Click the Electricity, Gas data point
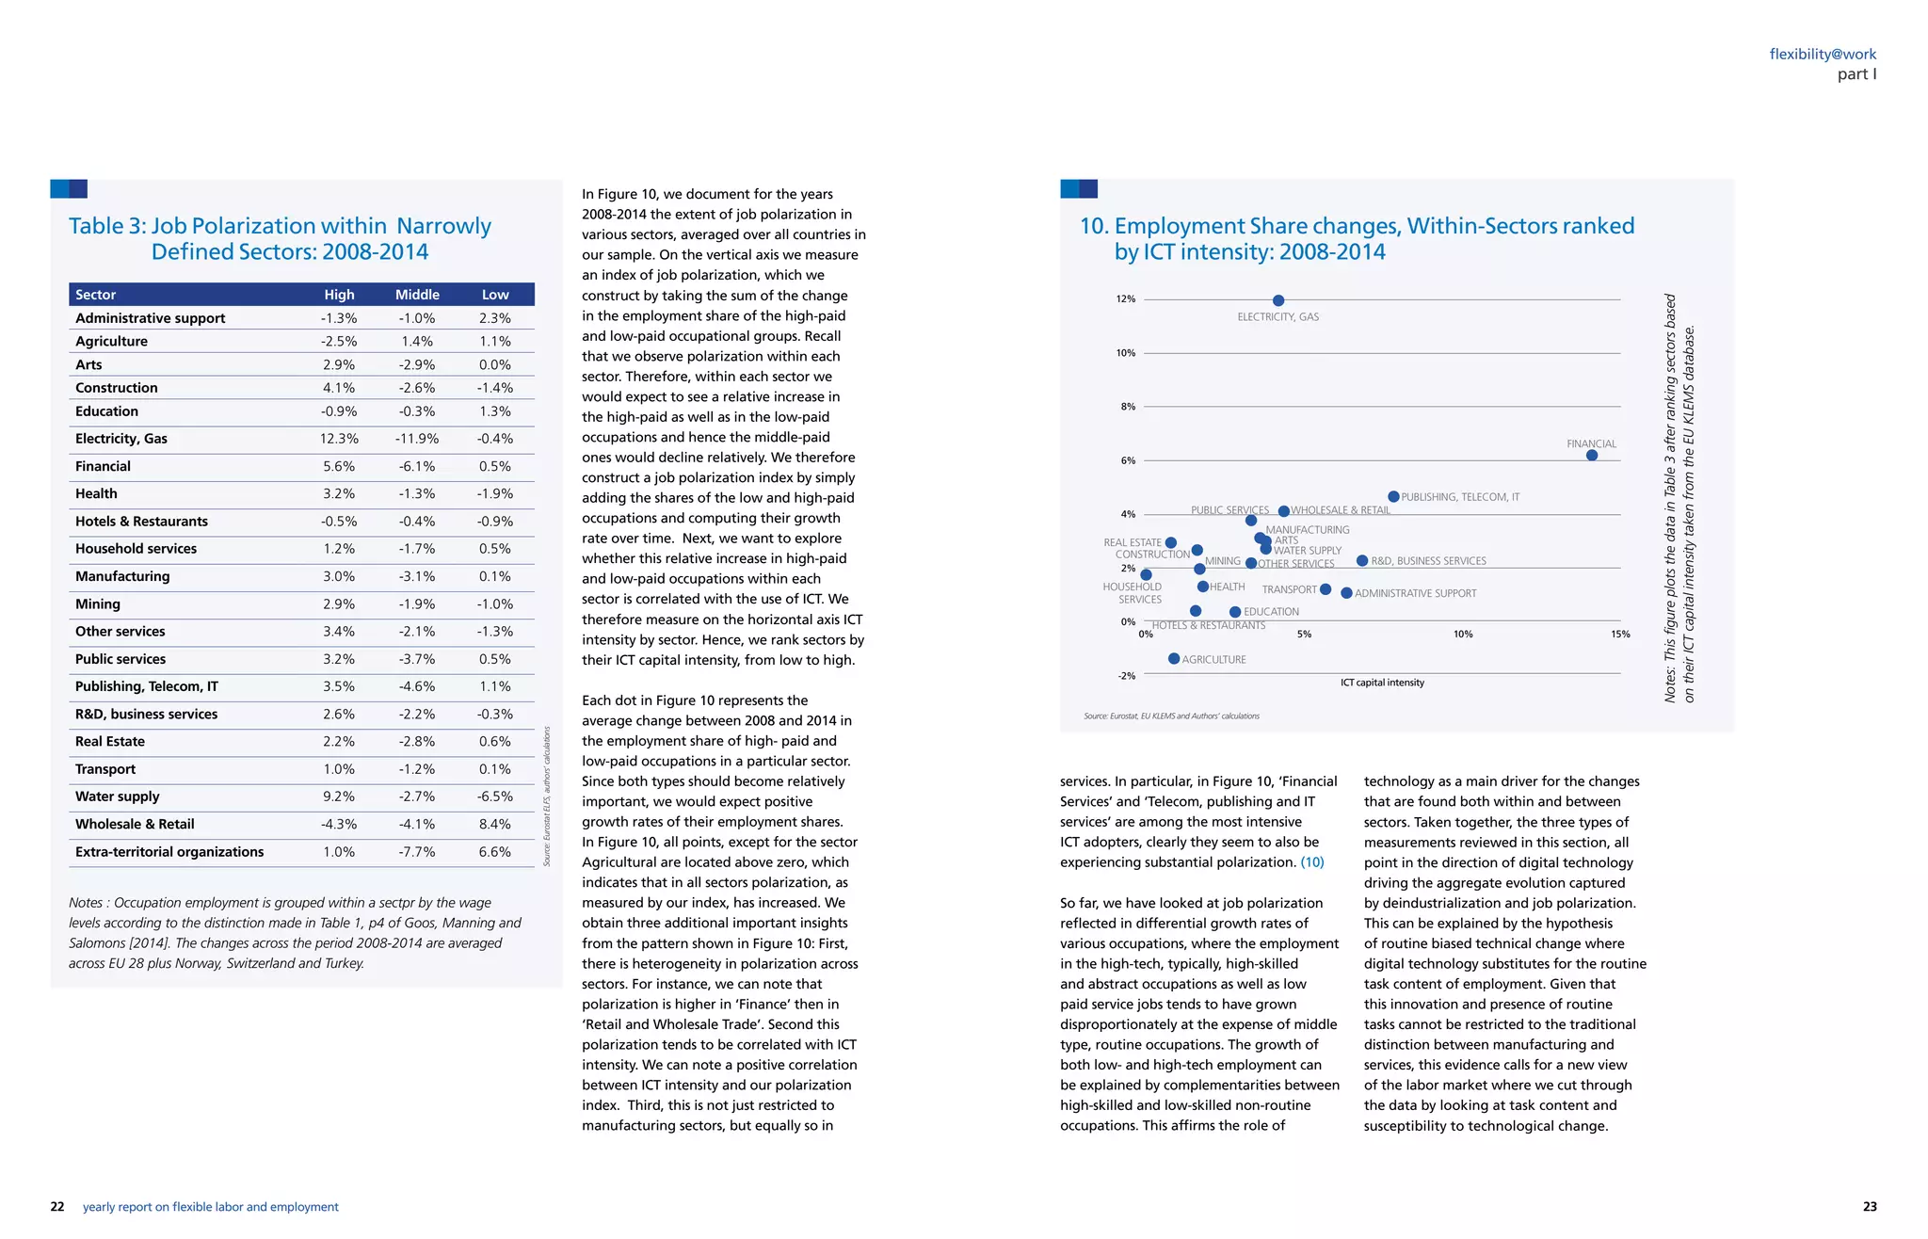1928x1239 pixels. [x=1278, y=300]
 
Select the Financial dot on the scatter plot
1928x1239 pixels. [x=1592, y=456]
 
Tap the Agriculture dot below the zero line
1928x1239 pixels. [x=1174, y=659]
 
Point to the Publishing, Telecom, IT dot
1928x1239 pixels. [x=1393, y=497]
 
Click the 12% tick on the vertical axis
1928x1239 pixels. [x=1126, y=299]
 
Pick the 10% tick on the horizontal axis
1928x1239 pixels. [x=1462, y=635]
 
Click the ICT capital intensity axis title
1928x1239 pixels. [x=1382, y=683]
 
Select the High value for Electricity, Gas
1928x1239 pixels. [x=339, y=439]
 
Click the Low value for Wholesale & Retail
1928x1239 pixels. [x=495, y=825]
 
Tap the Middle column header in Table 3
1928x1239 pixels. [x=417, y=295]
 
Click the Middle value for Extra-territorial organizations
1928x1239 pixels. [x=417, y=852]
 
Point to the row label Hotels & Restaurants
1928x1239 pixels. [x=141, y=522]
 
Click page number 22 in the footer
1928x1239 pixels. [x=57, y=1207]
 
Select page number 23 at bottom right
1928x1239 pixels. [x=1870, y=1207]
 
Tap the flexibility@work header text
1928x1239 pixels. [x=1823, y=55]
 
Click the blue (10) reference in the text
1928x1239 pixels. [x=1312, y=862]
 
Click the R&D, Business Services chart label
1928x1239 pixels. [x=1428, y=561]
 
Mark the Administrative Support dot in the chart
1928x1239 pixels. [x=1346, y=593]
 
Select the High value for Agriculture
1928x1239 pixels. [x=339, y=342]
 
